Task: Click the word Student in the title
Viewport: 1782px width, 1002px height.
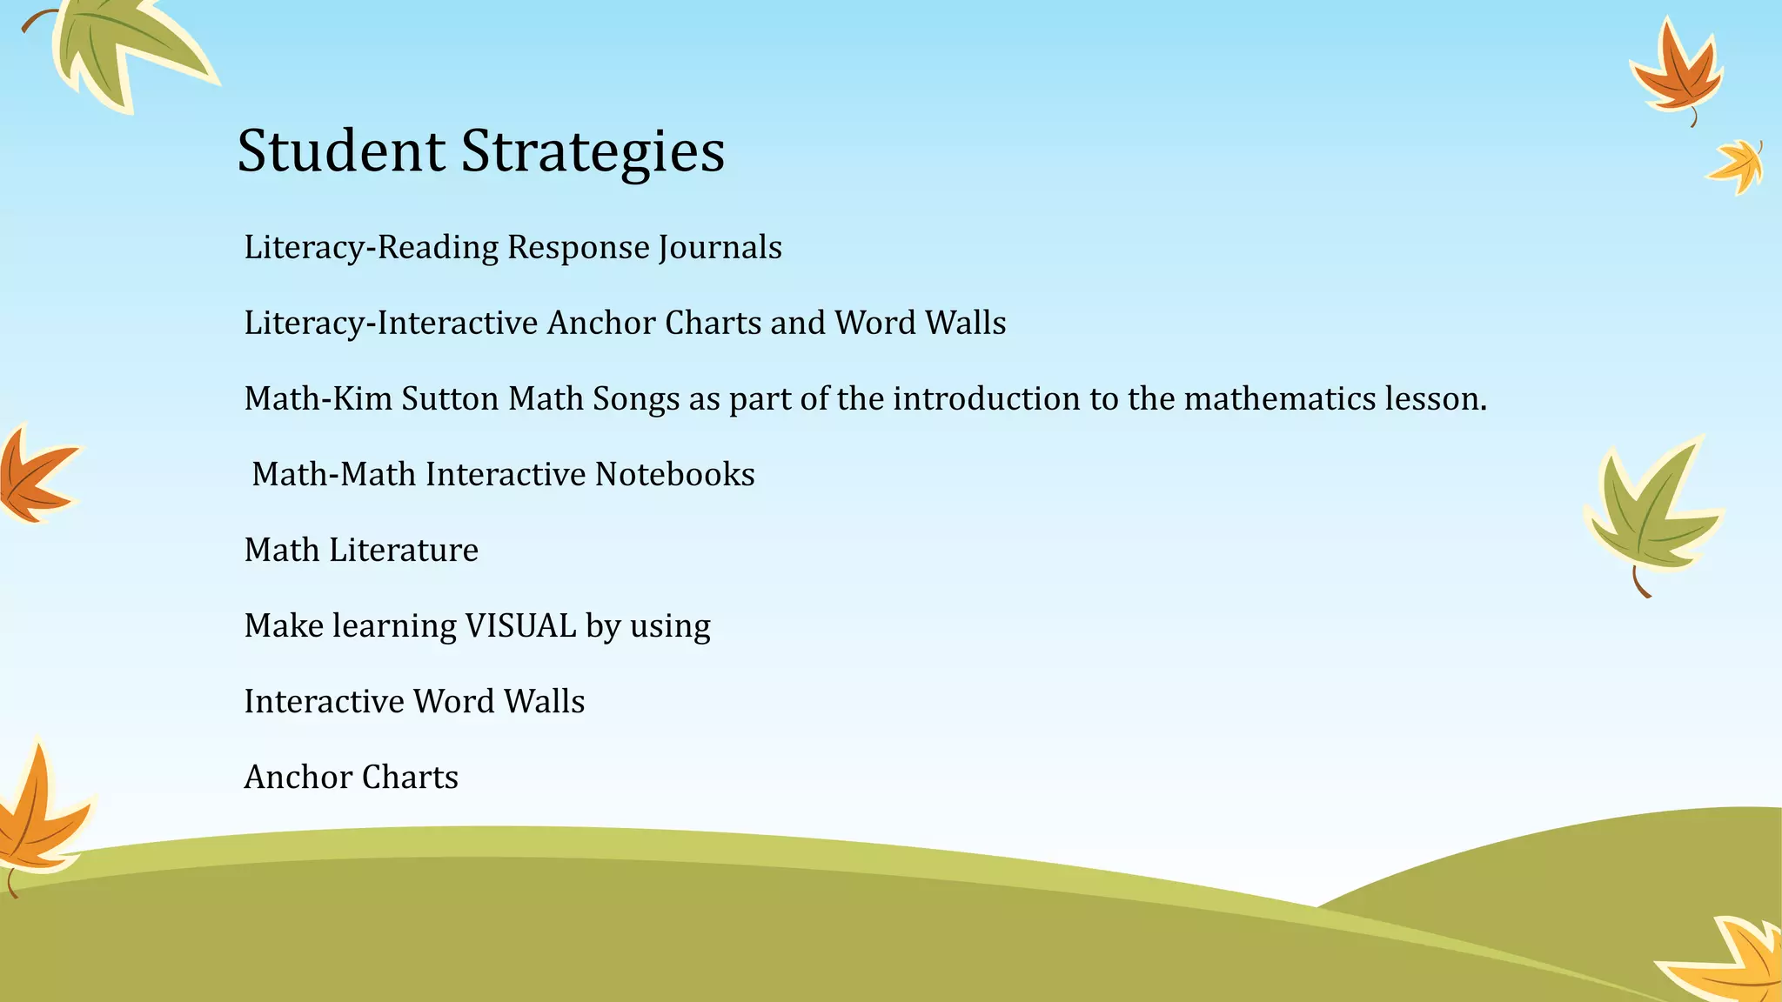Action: [340, 150]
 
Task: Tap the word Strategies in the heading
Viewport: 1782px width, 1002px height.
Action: [593, 152]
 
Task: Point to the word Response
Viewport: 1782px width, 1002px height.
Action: [578, 248]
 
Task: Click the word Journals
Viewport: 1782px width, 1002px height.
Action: [720, 248]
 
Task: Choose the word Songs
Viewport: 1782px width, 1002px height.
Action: [636, 399]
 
